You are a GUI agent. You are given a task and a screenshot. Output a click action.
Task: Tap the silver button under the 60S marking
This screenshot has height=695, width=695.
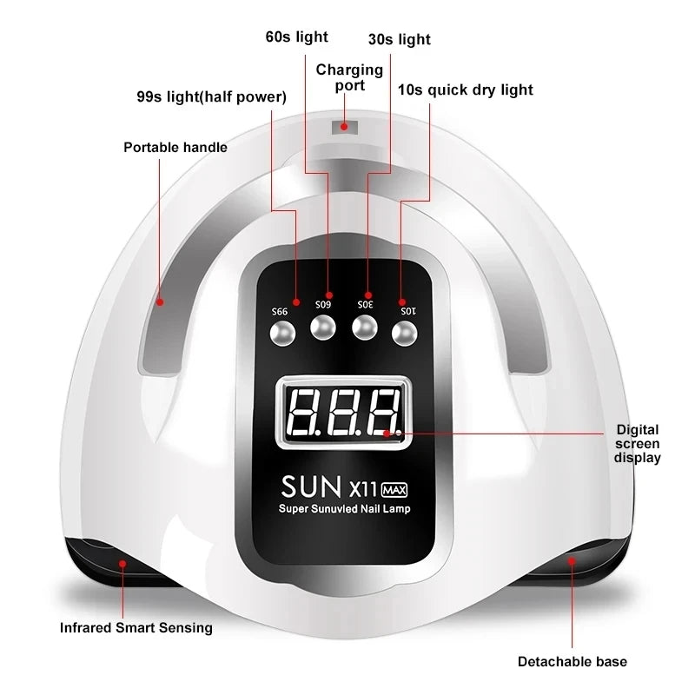(321, 328)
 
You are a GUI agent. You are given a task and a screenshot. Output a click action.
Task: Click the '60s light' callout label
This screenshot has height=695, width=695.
(296, 36)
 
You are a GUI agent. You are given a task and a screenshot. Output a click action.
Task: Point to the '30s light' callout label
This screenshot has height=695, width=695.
(399, 39)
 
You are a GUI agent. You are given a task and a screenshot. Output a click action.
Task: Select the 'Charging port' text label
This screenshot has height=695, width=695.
(349, 76)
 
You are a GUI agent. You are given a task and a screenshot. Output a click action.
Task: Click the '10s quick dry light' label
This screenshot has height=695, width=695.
(466, 89)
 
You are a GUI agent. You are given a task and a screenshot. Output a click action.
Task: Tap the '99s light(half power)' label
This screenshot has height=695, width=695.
(212, 96)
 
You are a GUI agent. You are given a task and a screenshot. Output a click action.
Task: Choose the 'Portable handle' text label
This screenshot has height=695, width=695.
(175, 147)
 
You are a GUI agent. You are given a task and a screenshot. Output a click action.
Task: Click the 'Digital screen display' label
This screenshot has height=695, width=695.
(638, 443)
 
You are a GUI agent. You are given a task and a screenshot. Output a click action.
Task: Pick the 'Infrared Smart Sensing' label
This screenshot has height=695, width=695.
(136, 627)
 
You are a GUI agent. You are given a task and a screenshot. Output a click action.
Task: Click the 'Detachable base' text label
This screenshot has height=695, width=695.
(573, 661)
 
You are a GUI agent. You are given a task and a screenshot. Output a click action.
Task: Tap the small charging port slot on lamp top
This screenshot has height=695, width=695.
(344, 127)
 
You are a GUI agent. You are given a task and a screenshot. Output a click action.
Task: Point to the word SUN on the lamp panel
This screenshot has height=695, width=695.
(309, 483)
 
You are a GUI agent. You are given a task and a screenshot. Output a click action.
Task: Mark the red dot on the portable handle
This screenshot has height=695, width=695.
(161, 302)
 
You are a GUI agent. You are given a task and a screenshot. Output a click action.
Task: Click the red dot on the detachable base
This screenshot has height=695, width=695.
(572, 562)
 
